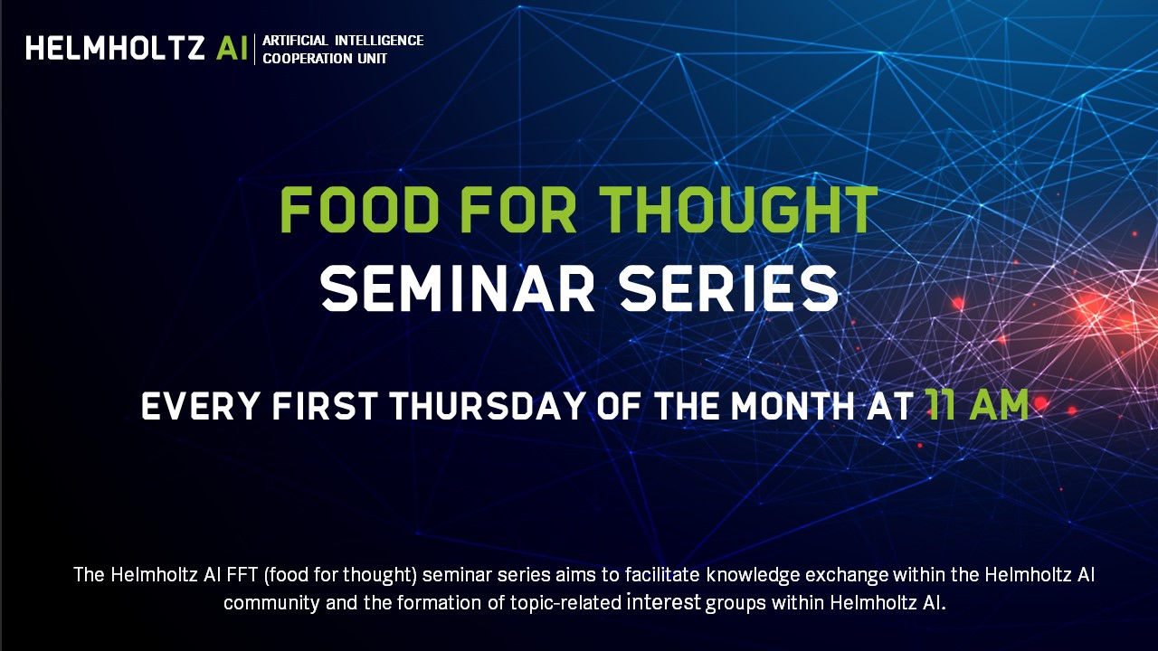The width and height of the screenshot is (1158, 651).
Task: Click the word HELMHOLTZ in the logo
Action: pyautogui.click(x=115, y=48)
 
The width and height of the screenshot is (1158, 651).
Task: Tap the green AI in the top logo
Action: pyautogui.click(x=233, y=48)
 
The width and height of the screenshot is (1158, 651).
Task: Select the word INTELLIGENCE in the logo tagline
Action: pyautogui.click(x=379, y=41)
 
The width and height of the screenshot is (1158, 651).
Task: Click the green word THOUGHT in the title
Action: pyautogui.click(x=741, y=211)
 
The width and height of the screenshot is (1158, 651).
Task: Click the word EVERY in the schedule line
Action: pyautogui.click(x=200, y=406)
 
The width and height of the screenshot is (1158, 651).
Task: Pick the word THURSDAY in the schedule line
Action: pyautogui.click(x=488, y=406)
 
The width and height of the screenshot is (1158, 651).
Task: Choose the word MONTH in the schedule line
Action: pyautogui.click(x=793, y=406)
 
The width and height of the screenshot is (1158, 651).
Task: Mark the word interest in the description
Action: pyautogui.click(x=664, y=602)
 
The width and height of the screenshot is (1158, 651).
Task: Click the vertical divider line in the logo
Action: pyautogui.click(x=255, y=49)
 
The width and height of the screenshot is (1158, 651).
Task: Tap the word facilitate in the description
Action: pyautogui.click(x=662, y=575)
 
